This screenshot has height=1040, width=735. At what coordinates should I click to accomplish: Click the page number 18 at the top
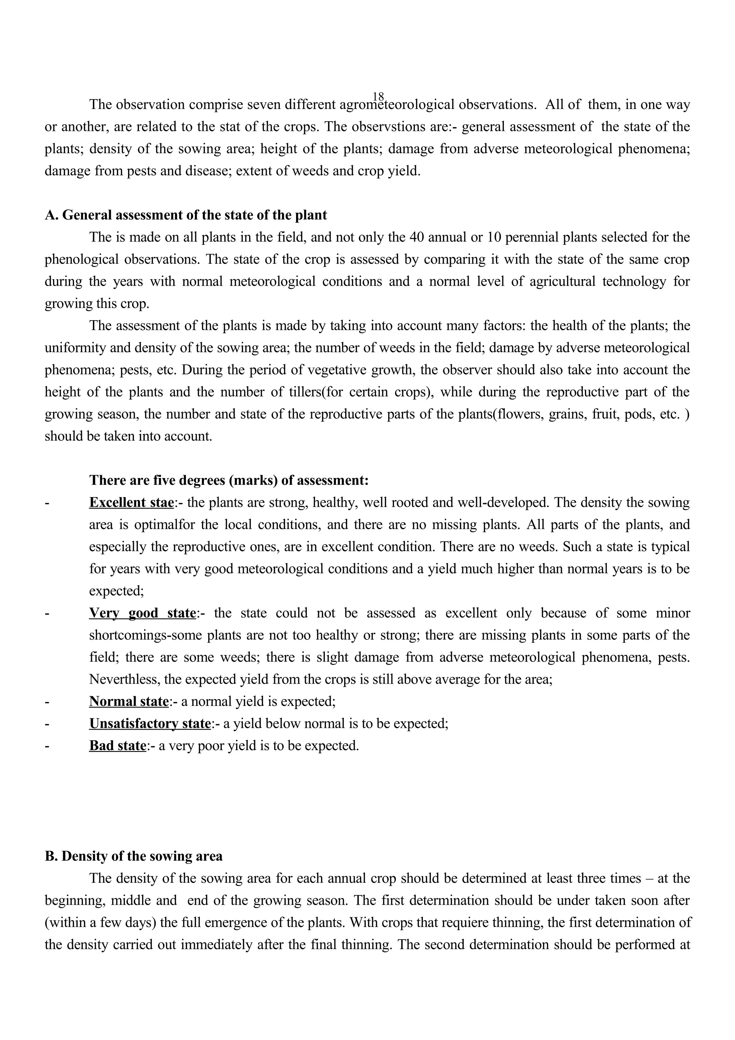coord(379,97)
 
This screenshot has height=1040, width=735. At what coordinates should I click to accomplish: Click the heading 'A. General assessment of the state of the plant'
coord(186,215)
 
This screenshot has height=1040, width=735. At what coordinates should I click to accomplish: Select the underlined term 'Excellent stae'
coord(131,502)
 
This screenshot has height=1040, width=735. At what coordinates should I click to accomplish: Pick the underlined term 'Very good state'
coord(142,613)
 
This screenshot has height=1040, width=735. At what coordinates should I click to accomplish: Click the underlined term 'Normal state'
coord(128,701)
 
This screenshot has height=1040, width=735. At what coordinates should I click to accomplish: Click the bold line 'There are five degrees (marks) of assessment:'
coord(229,480)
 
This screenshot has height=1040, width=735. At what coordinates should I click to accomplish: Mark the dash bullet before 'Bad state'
coord(47,746)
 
